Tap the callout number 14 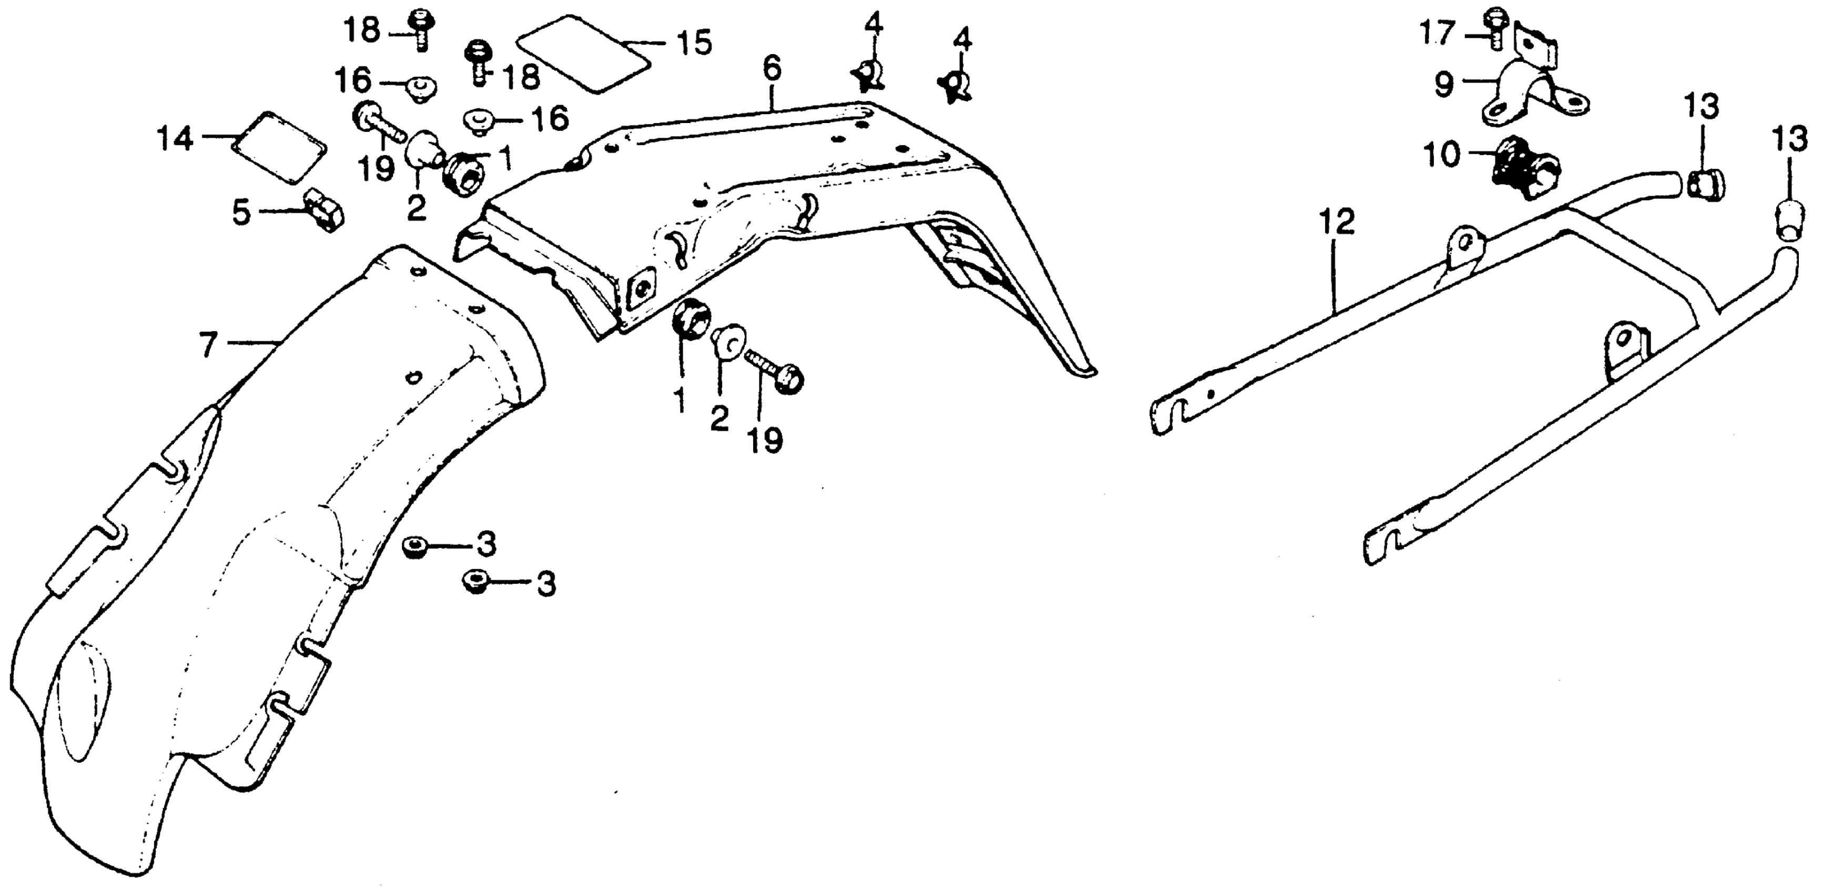coord(175,139)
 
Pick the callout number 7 coord(207,345)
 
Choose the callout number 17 coord(1438,33)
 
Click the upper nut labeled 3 coord(412,546)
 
